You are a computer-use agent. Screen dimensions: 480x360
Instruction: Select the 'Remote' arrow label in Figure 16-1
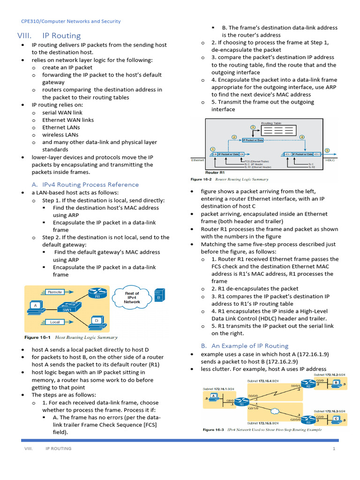[x=55, y=292]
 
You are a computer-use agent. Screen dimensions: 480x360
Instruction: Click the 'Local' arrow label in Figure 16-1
[x=55, y=322]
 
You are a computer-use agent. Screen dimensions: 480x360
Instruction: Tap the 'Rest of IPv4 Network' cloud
[x=132, y=298]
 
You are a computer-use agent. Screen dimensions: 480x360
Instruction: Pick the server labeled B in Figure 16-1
[x=159, y=295]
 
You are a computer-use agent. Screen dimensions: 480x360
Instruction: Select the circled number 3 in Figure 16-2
[x=253, y=127]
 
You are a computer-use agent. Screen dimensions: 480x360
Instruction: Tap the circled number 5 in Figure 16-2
[x=327, y=150]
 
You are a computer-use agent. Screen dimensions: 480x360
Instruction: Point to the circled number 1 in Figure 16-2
[x=213, y=150]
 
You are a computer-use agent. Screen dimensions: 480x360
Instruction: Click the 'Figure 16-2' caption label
[x=202, y=179]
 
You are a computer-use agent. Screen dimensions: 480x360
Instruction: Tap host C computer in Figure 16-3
[x=336, y=418]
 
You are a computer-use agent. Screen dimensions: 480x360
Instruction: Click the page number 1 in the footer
[x=334, y=449]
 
